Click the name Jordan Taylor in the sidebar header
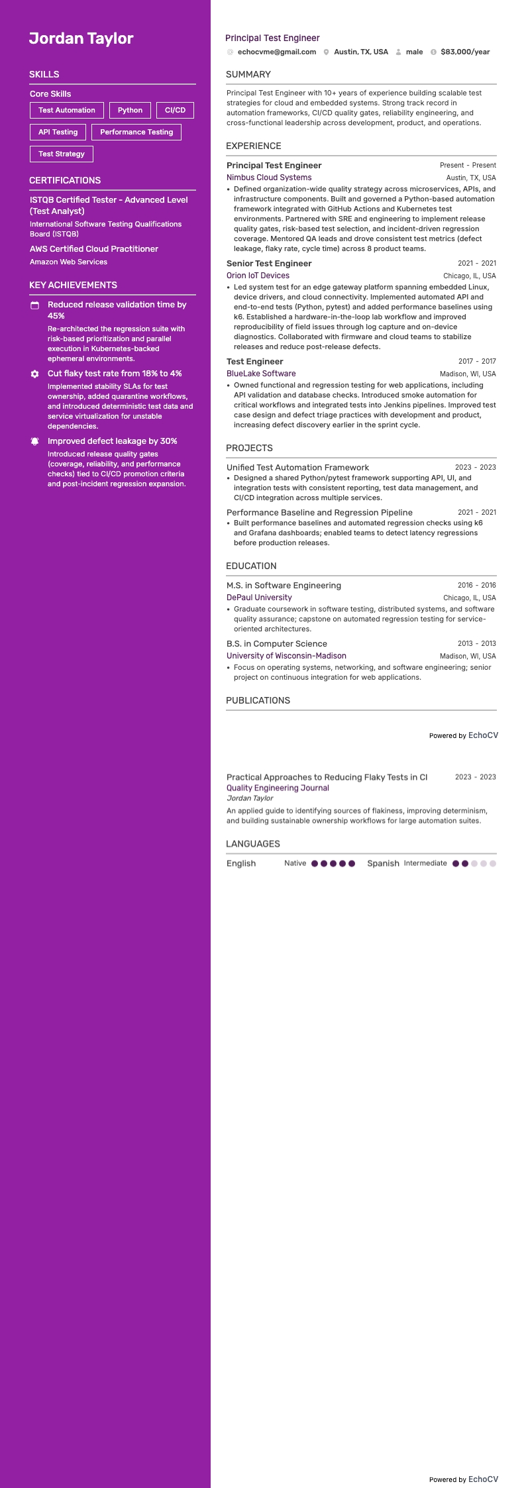coord(81,38)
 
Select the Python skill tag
coord(130,111)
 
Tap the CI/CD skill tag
coord(175,111)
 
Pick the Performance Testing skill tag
coord(136,133)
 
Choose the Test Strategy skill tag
coord(62,154)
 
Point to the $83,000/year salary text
coord(465,52)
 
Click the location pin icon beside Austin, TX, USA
coord(327,52)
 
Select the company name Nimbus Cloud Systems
coord(269,178)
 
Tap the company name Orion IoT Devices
coord(258,276)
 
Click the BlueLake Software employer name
coord(261,374)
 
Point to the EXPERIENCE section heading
coord(253,146)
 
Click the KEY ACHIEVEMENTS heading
coord(73,285)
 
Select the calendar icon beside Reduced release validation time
coord(35,305)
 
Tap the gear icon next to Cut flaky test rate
coord(35,374)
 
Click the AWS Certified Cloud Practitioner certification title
coord(94,249)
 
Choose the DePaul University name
coord(259,598)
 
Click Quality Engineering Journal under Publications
coord(278,788)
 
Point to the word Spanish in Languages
coord(383,863)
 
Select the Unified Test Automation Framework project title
coord(297,468)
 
